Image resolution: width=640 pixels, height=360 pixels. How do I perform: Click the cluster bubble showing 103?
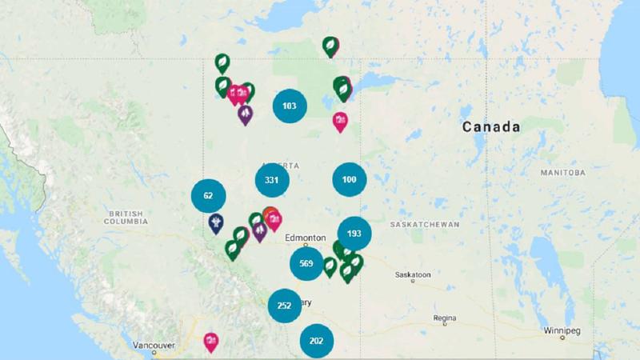point(290,106)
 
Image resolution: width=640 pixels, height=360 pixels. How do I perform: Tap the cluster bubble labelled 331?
point(271,180)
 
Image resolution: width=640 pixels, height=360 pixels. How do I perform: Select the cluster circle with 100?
point(349,179)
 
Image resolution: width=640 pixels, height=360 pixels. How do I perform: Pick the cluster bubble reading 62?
point(208,196)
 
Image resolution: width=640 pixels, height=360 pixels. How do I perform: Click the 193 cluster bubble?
point(354,234)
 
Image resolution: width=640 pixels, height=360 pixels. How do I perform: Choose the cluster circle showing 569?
point(306,264)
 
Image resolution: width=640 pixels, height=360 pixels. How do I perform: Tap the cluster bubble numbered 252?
point(284,306)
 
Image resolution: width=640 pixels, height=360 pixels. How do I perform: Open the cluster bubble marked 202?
point(316,341)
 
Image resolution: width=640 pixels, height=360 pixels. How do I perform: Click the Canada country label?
point(491,127)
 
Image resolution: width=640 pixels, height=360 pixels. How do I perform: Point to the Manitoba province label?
point(562,173)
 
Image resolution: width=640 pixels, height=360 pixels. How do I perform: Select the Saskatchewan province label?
point(424,225)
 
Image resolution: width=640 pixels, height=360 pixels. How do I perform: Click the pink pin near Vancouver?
point(210,342)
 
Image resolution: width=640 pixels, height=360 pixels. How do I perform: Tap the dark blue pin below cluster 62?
point(214,222)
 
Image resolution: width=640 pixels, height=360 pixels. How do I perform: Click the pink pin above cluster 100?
point(340,121)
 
